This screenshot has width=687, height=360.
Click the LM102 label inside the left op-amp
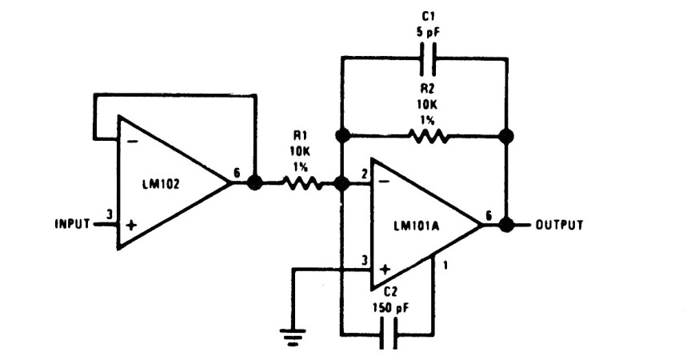161,184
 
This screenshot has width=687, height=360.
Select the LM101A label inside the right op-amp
417,226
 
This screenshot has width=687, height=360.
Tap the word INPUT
72,224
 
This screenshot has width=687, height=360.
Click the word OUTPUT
560,225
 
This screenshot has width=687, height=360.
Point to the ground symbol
293,338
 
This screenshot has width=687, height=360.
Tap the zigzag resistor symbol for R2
428,136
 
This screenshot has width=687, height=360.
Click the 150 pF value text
391,308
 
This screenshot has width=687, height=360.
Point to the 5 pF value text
427,34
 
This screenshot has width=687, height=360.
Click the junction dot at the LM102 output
254,182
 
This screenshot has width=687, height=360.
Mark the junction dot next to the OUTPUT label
507,225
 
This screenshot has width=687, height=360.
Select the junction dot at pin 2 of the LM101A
342,183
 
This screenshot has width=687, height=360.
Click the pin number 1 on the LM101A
445,266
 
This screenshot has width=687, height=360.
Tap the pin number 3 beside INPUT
110,214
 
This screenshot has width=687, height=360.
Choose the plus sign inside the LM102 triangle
131,226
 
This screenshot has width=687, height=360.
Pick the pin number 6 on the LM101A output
489,215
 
